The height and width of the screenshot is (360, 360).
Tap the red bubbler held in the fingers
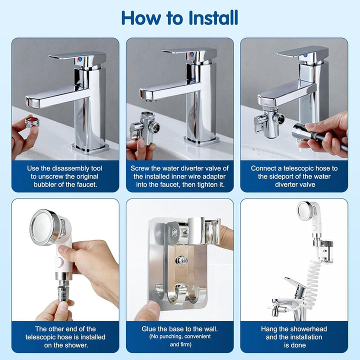[32, 121]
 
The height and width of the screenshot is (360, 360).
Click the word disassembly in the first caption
[70, 168]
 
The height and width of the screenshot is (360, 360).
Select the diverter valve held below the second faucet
[144, 128]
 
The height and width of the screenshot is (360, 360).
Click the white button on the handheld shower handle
[59, 262]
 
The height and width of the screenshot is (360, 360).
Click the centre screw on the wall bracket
[181, 260]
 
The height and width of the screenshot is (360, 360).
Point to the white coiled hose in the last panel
[311, 284]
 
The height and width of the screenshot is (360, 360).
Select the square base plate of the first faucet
[90, 149]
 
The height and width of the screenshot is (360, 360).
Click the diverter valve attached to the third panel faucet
[268, 122]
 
